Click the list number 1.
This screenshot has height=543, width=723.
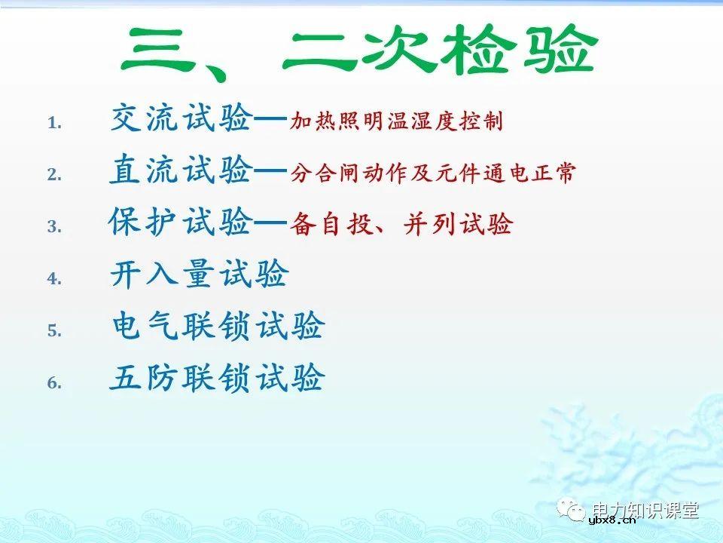pos(53,123)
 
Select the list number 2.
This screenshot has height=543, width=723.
pos(53,175)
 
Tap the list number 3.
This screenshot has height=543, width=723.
pos(53,226)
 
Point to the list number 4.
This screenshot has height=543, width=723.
pos(53,278)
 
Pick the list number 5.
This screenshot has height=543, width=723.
pos(53,330)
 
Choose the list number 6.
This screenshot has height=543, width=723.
pos(53,382)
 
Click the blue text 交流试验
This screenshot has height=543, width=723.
pos(181,119)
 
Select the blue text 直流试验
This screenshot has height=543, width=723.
pos(181,171)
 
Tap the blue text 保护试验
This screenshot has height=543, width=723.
pos(181,222)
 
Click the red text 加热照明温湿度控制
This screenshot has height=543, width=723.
pos(396,121)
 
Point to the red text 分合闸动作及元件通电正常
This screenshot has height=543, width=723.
pos(432,173)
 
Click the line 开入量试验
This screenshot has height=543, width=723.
pos(199,275)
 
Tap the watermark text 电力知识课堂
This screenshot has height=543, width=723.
pos(645,510)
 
